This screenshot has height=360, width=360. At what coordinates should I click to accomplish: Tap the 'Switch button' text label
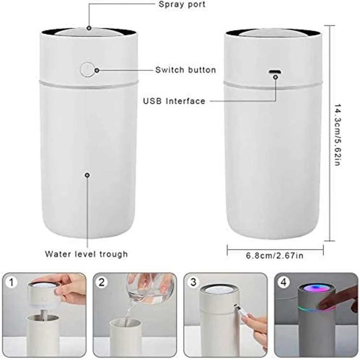coord(185,70)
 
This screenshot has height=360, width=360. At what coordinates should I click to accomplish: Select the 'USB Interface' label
coord(174,101)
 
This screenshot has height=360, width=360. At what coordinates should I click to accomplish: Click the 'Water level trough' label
coord(86,254)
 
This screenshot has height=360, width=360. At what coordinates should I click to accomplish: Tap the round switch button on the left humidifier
coord(87,70)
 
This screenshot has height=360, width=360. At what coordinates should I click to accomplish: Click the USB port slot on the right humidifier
coord(275,72)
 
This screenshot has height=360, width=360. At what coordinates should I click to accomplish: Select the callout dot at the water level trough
coord(87,175)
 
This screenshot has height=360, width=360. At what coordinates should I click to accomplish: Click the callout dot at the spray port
coord(89,28)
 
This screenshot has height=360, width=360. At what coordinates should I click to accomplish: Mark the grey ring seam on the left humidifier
coord(87,85)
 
